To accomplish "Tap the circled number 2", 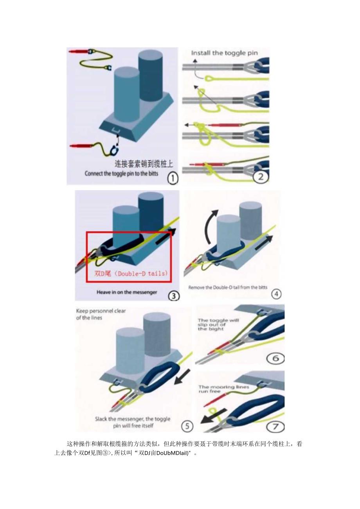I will (261, 177).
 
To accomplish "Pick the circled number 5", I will (187, 426).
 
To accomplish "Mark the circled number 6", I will (276, 358).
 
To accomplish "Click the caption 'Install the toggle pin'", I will (224, 53).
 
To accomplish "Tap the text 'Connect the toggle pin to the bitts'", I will (121, 173).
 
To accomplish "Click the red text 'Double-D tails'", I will (132, 273).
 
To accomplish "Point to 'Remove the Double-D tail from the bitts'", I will (228, 288).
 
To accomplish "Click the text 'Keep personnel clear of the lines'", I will (101, 314).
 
